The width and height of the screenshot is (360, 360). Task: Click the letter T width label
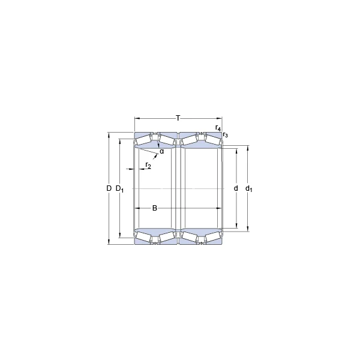pos(178,118)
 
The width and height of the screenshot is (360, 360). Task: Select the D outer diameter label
pos(109,188)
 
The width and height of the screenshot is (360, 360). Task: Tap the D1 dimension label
pos(119,189)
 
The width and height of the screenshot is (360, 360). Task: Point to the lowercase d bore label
pos(236,188)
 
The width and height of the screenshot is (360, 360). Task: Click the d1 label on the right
pos(249,189)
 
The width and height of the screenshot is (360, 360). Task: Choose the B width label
pos(155,208)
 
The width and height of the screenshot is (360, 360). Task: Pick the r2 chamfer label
pos(148,165)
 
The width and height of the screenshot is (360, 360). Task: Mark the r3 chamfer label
pos(225,135)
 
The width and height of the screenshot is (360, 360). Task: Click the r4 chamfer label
pos(218,128)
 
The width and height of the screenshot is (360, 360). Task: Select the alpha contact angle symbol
pos(162,152)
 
